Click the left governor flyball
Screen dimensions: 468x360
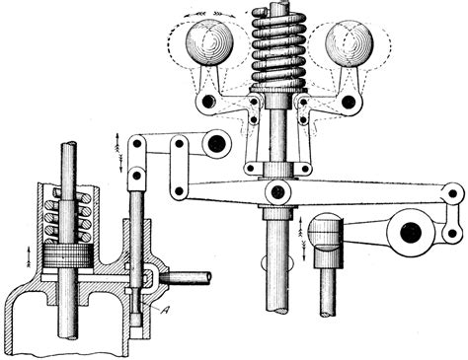point(209,42)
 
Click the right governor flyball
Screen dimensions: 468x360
point(350,42)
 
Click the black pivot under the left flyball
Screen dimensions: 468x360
point(208,102)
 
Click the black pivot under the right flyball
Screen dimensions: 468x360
point(349,102)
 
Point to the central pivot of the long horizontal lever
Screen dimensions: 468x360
point(278,191)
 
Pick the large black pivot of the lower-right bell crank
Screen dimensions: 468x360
point(411,233)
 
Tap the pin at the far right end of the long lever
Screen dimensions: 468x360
point(453,193)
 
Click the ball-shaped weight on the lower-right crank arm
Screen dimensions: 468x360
point(326,231)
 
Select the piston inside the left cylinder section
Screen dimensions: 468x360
point(68,255)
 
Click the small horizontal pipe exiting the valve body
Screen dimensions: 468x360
point(186,277)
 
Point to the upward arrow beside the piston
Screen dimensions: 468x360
point(29,255)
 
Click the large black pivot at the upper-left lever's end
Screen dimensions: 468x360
point(216,144)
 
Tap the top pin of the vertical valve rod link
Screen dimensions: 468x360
point(138,143)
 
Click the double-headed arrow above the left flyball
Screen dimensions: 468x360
point(210,14)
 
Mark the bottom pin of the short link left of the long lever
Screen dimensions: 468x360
point(180,190)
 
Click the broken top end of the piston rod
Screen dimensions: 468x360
point(68,145)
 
